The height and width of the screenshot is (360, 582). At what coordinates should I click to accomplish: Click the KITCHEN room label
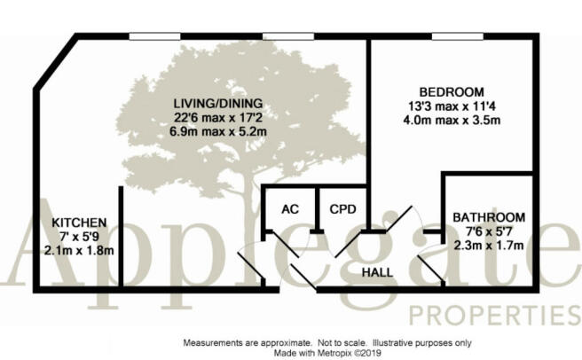pos(79,223)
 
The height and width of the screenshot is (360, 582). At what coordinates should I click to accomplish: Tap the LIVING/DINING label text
pos(218,103)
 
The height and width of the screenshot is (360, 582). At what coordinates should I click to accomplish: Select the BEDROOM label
pos(452,91)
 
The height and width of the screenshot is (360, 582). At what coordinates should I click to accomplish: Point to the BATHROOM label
pos(489,217)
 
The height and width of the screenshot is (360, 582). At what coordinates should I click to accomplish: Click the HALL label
pos(377,273)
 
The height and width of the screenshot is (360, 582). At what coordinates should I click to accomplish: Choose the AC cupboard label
pos(290,209)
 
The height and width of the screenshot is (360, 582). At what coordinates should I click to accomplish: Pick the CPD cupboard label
pos(342,209)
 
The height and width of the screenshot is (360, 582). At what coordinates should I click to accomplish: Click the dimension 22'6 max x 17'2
pos(218,118)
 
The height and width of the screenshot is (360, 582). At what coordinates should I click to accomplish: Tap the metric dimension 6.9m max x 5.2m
pos(218,132)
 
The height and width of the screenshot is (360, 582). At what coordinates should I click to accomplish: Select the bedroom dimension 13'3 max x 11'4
pos(452,106)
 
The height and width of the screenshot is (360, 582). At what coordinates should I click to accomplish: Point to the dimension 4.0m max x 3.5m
pos(452,121)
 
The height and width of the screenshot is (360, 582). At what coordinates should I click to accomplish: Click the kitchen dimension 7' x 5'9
pos(79,237)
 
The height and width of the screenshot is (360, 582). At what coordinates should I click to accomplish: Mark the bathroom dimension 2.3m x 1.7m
pos(489,246)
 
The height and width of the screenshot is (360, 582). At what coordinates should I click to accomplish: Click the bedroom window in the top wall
pos(458,36)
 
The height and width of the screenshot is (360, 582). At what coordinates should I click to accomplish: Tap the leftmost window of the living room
pos(154,36)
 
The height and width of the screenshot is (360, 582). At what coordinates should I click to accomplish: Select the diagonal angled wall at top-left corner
pos(55,62)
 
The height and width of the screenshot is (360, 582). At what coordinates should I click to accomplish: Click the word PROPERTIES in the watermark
pos(495,315)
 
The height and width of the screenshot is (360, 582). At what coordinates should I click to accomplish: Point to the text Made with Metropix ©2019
pos(327,353)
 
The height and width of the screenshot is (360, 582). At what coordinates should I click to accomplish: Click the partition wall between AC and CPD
pos(317,208)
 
